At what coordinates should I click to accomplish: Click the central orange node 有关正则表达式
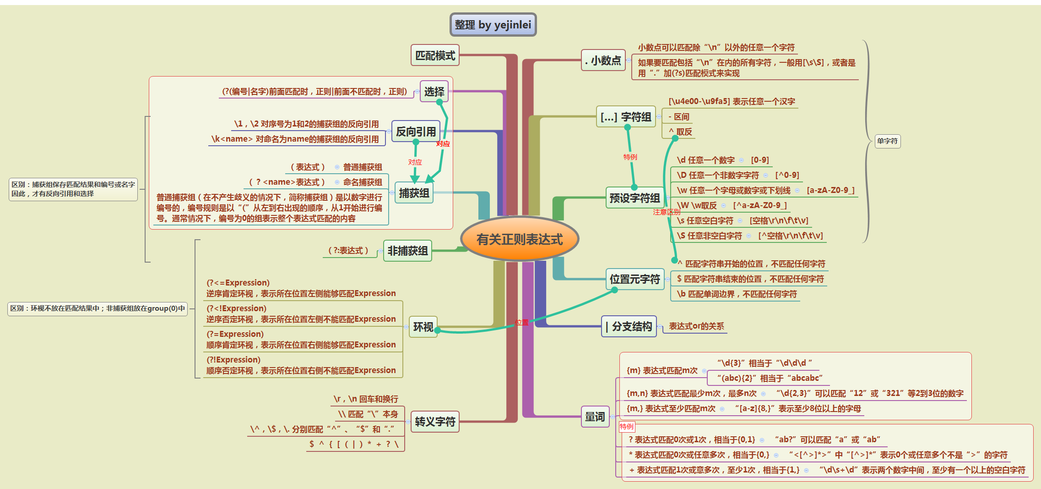(519, 239)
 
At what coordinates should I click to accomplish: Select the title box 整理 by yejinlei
(493, 25)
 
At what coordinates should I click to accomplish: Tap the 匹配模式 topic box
(435, 55)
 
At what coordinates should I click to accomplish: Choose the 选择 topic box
(434, 92)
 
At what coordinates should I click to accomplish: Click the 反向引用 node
(416, 132)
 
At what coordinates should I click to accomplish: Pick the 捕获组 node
(414, 193)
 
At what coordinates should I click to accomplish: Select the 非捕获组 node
(407, 251)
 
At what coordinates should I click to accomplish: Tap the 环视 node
(423, 327)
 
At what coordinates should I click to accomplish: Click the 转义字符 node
(435, 422)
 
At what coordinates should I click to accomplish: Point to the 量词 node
(595, 417)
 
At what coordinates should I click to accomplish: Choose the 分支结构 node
(629, 326)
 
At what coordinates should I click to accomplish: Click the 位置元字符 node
(634, 279)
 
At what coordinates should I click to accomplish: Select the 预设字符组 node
(634, 198)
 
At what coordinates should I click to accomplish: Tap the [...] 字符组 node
(626, 117)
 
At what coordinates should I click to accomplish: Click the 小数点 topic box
(603, 60)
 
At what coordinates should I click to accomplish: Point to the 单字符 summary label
(887, 141)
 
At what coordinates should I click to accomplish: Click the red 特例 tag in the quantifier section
(627, 427)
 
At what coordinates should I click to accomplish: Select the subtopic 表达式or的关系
(696, 326)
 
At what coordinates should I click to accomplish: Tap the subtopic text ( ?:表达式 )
(348, 251)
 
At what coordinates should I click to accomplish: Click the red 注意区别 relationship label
(666, 212)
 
